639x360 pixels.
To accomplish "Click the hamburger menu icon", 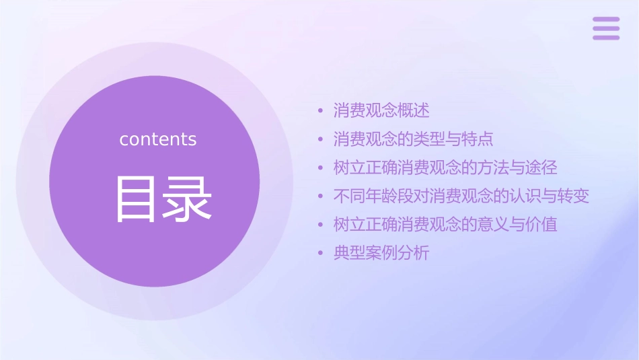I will tap(605, 28).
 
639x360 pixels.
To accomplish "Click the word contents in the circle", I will tap(158, 139).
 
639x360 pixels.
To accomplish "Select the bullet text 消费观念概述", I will tap(381, 110).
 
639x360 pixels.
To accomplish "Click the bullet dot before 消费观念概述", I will tap(321, 110).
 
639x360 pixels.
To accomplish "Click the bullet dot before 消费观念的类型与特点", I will tap(321, 139).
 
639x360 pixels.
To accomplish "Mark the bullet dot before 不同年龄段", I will tap(321, 196).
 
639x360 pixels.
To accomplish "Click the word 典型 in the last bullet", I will tap(349, 254).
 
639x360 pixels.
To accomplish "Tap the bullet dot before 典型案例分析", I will tap(321, 254).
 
